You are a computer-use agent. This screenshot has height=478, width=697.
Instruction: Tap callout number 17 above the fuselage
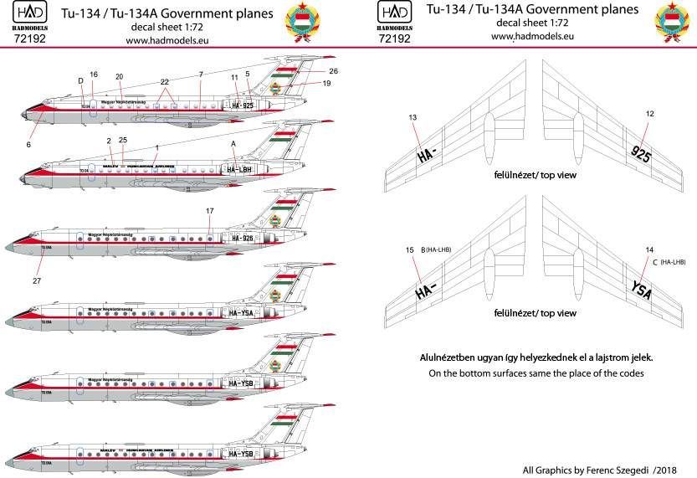click(x=209, y=211)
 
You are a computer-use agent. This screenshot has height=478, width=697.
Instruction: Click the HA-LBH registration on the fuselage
click(x=241, y=170)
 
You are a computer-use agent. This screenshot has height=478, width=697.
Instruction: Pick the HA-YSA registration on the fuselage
click(x=241, y=313)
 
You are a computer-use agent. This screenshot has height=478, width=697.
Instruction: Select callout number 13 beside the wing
click(x=412, y=118)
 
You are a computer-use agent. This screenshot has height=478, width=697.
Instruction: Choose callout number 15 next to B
click(x=409, y=249)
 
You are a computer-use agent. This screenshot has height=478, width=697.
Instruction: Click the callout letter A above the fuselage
click(x=233, y=144)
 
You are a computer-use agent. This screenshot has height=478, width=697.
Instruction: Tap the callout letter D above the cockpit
click(x=80, y=81)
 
